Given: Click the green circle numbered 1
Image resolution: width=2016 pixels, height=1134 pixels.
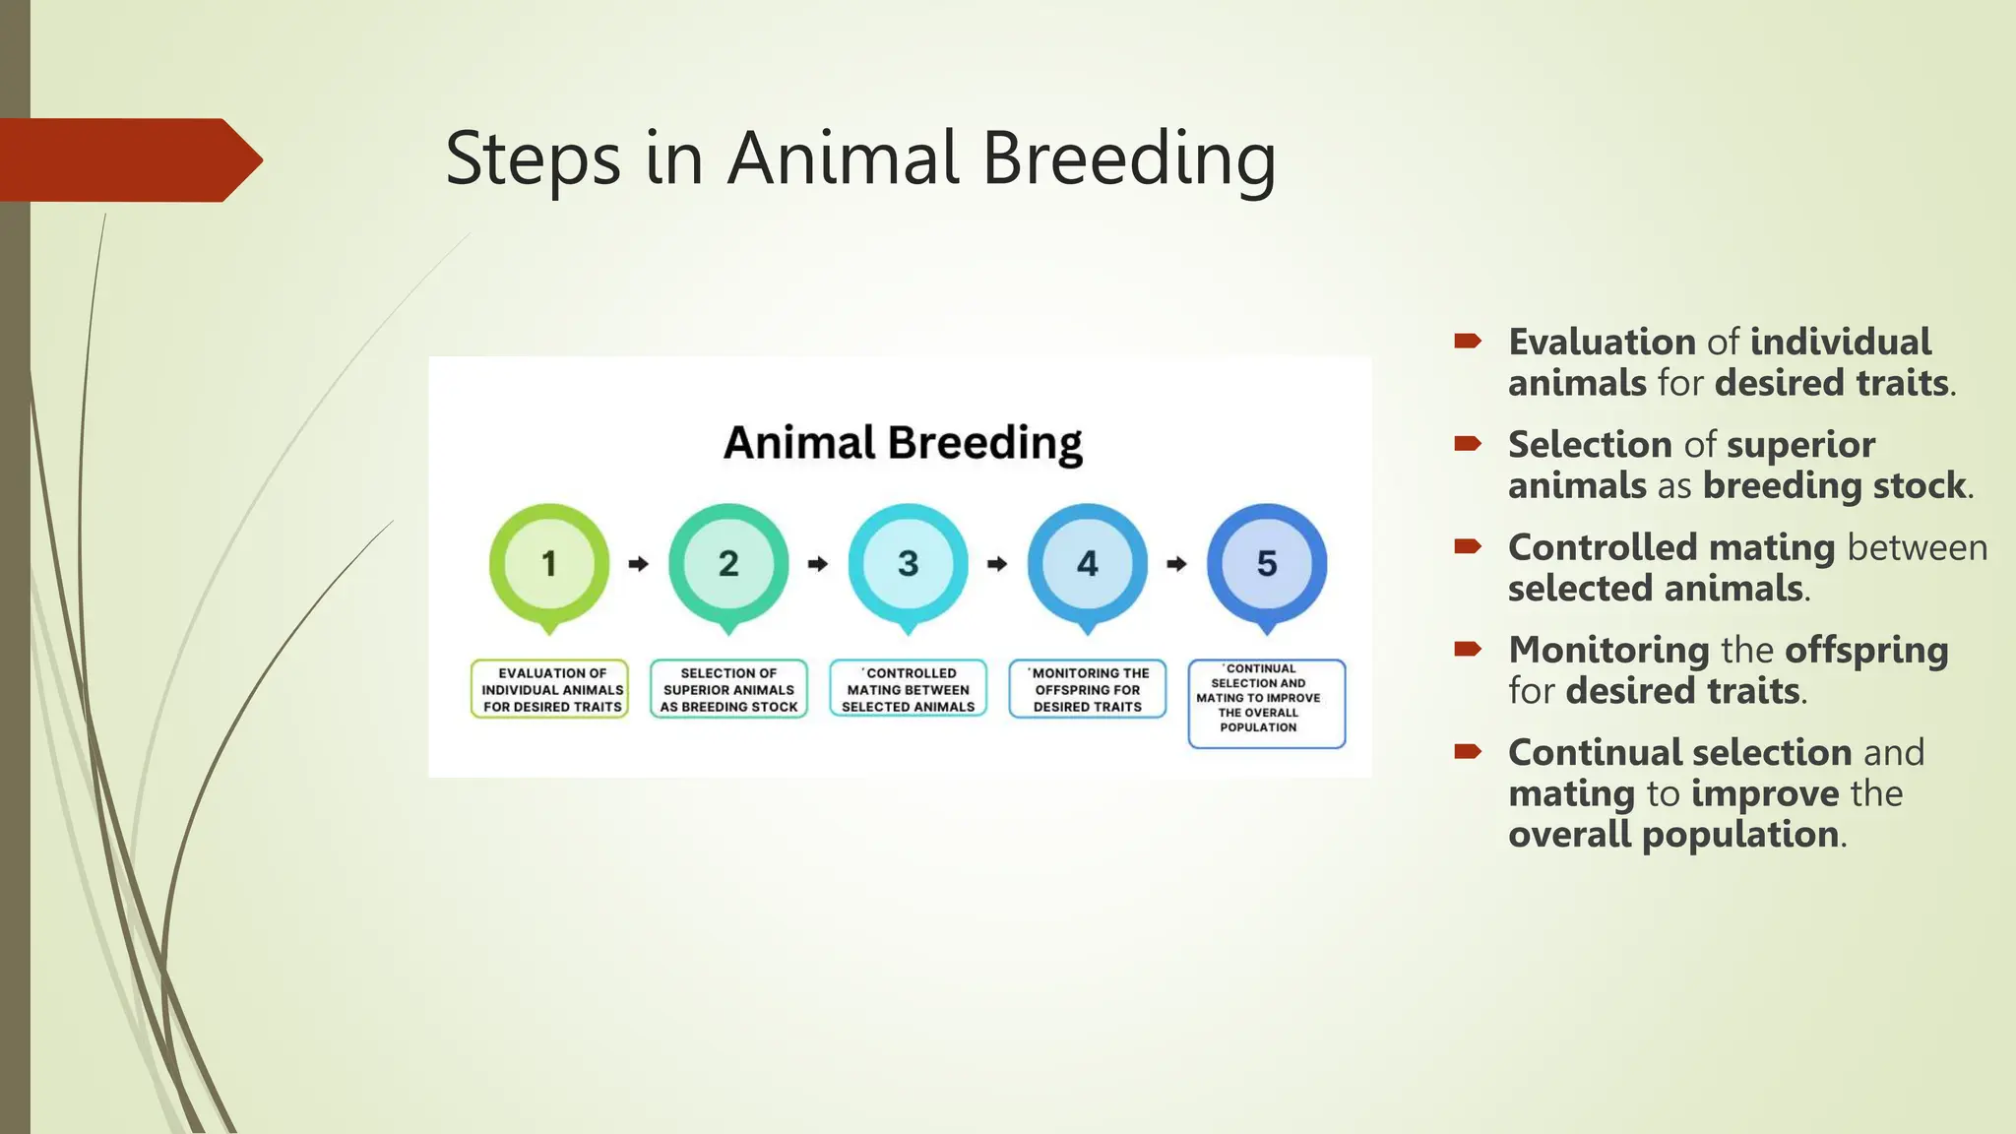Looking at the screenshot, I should tap(549, 564).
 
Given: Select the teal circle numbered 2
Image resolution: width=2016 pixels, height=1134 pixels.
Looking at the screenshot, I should tap(728, 564).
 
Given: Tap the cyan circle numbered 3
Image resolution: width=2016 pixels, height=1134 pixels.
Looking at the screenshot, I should tap(908, 564).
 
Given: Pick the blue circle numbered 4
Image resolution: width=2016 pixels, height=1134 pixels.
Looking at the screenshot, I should tap(1087, 564).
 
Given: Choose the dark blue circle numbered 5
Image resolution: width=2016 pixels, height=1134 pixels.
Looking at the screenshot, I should tap(1267, 564).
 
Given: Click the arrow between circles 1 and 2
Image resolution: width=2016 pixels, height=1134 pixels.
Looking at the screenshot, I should tap(639, 564).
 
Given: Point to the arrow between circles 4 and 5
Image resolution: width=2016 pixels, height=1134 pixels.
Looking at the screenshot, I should tap(1176, 564).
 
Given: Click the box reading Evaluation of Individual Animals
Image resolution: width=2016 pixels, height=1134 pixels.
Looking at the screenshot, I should tap(550, 689).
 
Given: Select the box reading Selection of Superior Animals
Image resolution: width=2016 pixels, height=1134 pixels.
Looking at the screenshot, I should tap(728, 689).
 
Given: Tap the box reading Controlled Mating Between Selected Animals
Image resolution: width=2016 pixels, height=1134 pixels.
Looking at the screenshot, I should tap(908, 689).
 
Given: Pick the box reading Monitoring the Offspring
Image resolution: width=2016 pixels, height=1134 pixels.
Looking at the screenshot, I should tap(1087, 689).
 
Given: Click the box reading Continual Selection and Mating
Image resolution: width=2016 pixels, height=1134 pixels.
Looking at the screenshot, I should tap(1266, 703).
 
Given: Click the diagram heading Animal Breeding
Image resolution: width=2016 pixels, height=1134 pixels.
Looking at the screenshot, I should tap(903, 443).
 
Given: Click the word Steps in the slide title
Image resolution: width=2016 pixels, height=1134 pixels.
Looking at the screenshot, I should tap(533, 159).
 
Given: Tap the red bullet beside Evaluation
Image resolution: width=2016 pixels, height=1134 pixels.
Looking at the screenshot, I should tap(1468, 342).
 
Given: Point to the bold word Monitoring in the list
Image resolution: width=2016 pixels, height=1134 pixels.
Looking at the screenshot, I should tap(1608, 650).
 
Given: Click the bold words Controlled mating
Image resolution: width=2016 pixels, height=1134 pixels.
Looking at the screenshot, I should tap(1670, 547).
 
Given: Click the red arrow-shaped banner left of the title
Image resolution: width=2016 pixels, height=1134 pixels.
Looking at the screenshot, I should tap(128, 159).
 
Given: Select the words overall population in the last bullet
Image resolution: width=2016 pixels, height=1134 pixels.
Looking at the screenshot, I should tap(1672, 835).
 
